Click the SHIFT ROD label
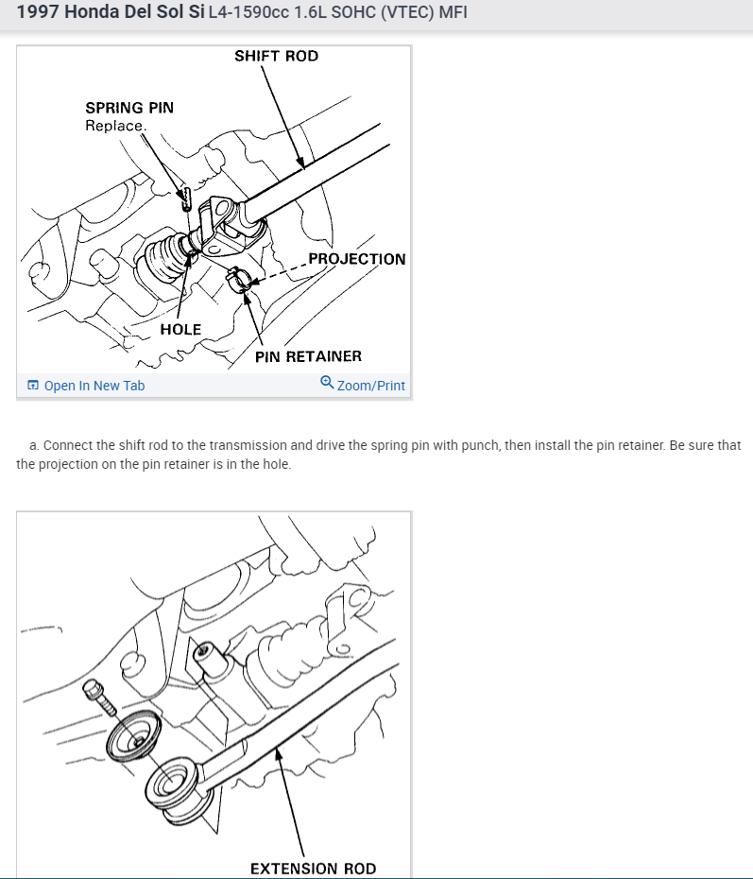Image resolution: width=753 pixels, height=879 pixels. point(276,56)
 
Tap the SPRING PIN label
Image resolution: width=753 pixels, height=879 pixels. point(129,108)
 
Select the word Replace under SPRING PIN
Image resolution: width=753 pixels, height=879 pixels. point(115,126)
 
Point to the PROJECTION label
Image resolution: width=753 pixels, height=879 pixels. point(356,259)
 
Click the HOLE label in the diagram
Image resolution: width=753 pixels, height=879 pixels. point(180,330)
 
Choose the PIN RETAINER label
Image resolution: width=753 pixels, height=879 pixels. point(308,356)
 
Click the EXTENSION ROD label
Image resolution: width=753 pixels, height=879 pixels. point(313,869)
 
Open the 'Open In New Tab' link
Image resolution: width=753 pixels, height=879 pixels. point(94,386)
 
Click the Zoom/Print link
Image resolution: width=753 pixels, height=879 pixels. point(370,386)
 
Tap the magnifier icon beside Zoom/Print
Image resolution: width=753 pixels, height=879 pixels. point(327,383)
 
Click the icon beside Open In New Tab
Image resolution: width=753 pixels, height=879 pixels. point(34,386)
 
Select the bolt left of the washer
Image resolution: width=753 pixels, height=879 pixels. point(101,699)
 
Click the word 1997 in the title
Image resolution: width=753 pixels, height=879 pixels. point(38,13)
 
